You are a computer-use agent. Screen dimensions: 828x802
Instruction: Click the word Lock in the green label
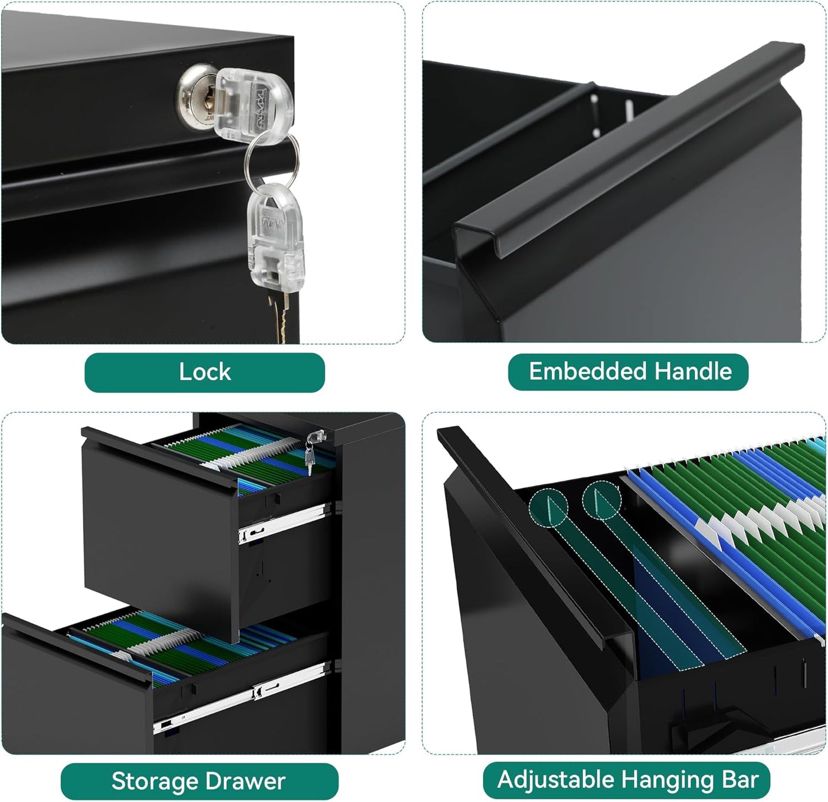[205, 371]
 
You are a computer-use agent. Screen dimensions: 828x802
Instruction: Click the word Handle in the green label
[693, 371]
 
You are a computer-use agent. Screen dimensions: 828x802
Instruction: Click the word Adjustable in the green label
[556, 779]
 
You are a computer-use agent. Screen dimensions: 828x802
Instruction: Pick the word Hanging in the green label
[668, 780]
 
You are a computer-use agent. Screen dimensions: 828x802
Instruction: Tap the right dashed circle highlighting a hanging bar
[602, 500]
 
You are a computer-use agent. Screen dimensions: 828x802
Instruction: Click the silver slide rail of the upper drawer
[284, 522]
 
